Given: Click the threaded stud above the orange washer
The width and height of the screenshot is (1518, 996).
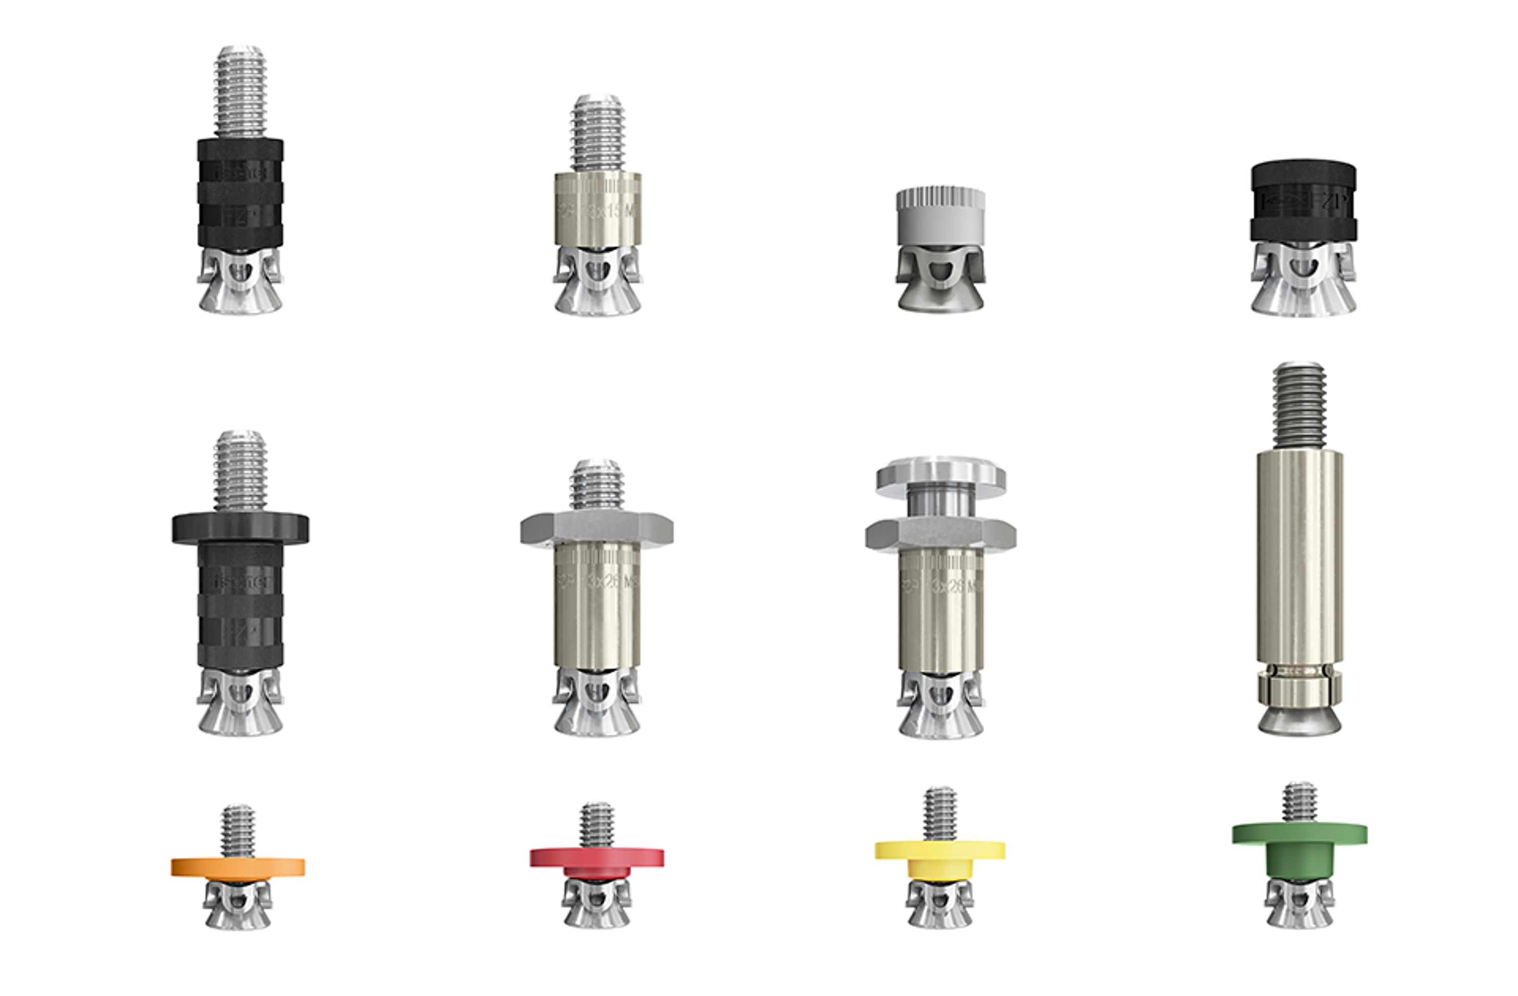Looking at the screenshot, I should (238, 831).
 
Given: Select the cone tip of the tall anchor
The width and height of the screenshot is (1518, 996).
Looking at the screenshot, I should (1299, 721).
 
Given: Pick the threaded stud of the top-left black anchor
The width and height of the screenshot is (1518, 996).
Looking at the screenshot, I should (240, 92).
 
